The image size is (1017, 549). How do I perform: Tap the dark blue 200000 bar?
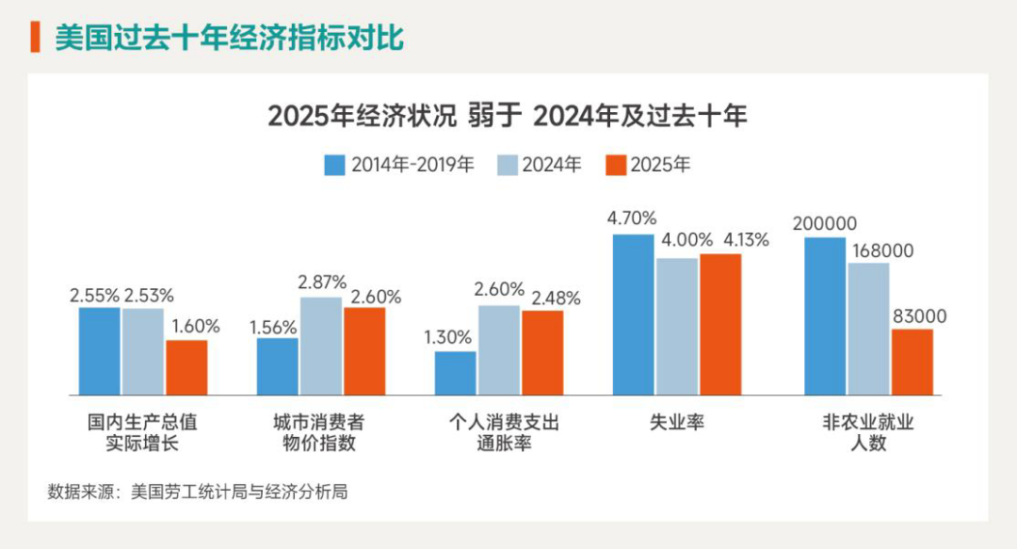825,315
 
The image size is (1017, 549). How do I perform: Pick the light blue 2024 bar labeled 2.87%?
321,346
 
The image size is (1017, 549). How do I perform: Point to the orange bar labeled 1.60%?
186,366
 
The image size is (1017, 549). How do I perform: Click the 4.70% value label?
632,218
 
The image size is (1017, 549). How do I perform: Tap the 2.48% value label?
556,298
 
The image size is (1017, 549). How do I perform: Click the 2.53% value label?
149,296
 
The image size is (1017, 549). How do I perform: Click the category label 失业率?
677,423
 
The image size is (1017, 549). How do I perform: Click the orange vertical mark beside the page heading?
35,39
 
